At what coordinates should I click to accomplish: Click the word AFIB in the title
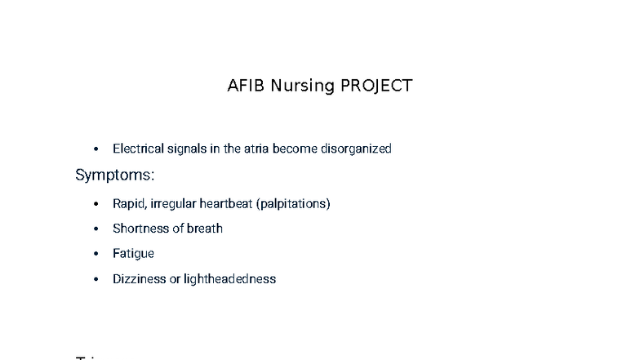[x=246, y=86]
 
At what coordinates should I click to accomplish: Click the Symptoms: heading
[x=115, y=175]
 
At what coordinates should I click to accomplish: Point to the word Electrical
[x=138, y=149]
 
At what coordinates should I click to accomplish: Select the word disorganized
[x=356, y=149]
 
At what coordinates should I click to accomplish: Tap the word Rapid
[x=129, y=203]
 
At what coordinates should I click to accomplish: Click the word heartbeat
[x=226, y=203]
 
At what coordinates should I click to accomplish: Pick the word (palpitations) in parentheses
[x=293, y=203]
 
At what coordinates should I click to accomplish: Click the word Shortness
[x=140, y=229]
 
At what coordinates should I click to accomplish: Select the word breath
[x=205, y=229]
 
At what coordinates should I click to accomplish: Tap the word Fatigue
[x=133, y=254]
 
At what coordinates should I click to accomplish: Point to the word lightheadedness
[x=229, y=279]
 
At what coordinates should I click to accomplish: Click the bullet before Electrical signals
[x=96, y=149]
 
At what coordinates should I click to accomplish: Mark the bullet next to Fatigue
[x=96, y=255]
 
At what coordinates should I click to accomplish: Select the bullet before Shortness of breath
[x=96, y=229]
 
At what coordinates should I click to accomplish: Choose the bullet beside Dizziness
[x=96, y=280]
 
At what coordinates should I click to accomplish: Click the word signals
[x=187, y=149]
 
